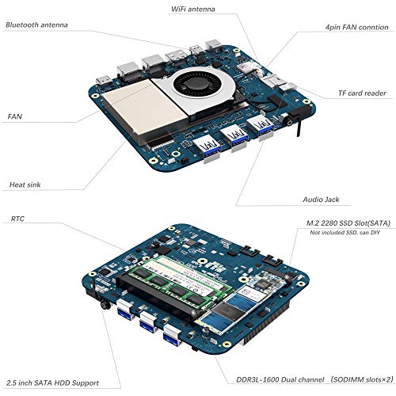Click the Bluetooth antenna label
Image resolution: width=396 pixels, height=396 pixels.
pyautogui.click(x=36, y=25)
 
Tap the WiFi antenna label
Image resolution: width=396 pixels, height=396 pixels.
pyautogui.click(x=193, y=9)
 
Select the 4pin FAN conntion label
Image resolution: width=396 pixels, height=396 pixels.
pyautogui.click(x=356, y=27)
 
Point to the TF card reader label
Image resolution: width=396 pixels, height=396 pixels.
pyautogui.click(x=362, y=93)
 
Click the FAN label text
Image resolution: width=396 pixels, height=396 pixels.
pyautogui.click(x=15, y=116)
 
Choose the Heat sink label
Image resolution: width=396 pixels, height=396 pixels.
pyautogui.click(x=25, y=185)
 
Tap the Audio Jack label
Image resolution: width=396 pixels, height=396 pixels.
pyautogui.click(x=321, y=200)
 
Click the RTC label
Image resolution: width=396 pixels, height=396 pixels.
pyautogui.click(x=17, y=219)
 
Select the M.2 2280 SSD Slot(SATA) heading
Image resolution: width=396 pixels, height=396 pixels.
pyautogui.click(x=348, y=223)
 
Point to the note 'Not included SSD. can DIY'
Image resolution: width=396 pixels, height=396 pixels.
pyautogui.click(x=345, y=233)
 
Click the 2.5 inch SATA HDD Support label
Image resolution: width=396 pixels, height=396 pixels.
pyautogui.click(x=52, y=383)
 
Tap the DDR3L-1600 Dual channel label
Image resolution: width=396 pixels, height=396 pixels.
pyautogui.click(x=280, y=380)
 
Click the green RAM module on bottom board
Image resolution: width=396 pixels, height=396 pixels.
pyautogui.click(x=179, y=284)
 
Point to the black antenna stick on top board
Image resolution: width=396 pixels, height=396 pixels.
pyautogui.click(x=299, y=126)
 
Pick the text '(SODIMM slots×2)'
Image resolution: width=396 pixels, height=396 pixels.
pyautogui.click(x=361, y=379)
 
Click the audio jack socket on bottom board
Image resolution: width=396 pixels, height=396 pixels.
pyautogui.click(x=105, y=305)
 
